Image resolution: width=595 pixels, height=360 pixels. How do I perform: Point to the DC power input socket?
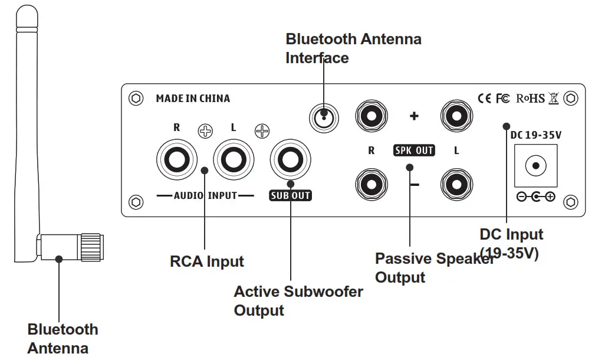point(535,165)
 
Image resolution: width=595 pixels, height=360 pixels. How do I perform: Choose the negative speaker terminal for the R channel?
point(372,184)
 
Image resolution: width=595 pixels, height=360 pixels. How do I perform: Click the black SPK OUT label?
point(414,150)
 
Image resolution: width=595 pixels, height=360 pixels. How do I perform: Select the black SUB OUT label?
point(290,195)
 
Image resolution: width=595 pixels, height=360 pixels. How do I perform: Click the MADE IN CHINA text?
point(193,99)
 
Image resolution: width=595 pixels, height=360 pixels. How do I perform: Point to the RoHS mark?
point(531,99)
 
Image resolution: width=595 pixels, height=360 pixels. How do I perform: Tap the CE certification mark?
point(484,99)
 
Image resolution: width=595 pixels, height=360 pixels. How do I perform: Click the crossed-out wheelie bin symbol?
point(553,99)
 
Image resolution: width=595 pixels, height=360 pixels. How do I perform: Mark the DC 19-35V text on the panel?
point(535,135)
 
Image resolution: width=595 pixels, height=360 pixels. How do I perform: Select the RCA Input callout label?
point(207,261)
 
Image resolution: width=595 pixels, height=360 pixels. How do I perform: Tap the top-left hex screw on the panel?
point(136,99)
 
